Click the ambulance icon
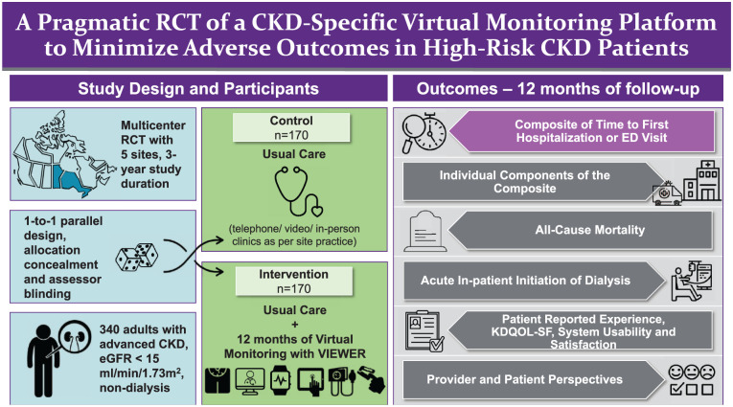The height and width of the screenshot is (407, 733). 666,192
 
